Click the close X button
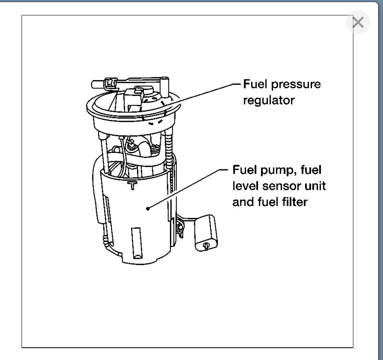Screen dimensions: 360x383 [x=357, y=23]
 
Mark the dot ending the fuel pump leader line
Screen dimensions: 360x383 [x=149, y=208]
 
